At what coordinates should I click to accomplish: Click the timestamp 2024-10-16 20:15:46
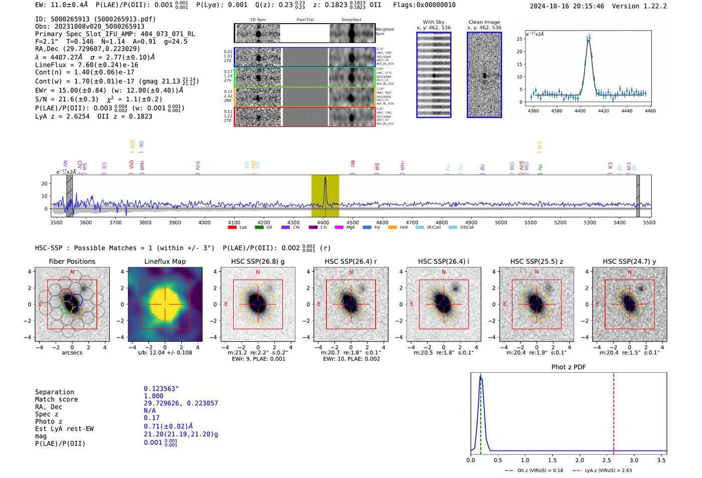pyautogui.click(x=567, y=6)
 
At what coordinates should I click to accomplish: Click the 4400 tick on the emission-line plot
pyautogui.click(x=580, y=111)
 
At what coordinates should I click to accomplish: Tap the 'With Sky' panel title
pyautogui.click(x=433, y=22)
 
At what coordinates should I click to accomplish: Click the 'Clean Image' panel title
pyautogui.click(x=484, y=22)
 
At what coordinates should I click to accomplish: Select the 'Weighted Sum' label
pyautogui.click(x=385, y=32)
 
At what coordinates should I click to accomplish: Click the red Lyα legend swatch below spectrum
pyautogui.click(x=232, y=228)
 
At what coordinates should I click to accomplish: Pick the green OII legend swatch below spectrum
pyautogui.click(x=259, y=228)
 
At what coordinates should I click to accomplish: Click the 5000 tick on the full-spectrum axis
pyautogui.click(x=501, y=222)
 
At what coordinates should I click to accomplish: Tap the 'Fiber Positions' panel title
pyautogui.click(x=72, y=261)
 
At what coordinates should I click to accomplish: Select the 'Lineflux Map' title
pyautogui.click(x=164, y=261)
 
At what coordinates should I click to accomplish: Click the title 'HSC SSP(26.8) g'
pyautogui.click(x=258, y=261)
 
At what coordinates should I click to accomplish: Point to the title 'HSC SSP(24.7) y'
pyautogui.click(x=629, y=261)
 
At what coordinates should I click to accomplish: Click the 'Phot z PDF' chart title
pyautogui.click(x=569, y=367)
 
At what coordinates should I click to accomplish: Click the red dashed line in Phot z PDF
pyautogui.click(x=613, y=411)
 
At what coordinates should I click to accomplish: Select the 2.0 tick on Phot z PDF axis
pyautogui.click(x=580, y=460)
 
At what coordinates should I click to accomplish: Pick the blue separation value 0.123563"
pyautogui.click(x=161, y=389)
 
